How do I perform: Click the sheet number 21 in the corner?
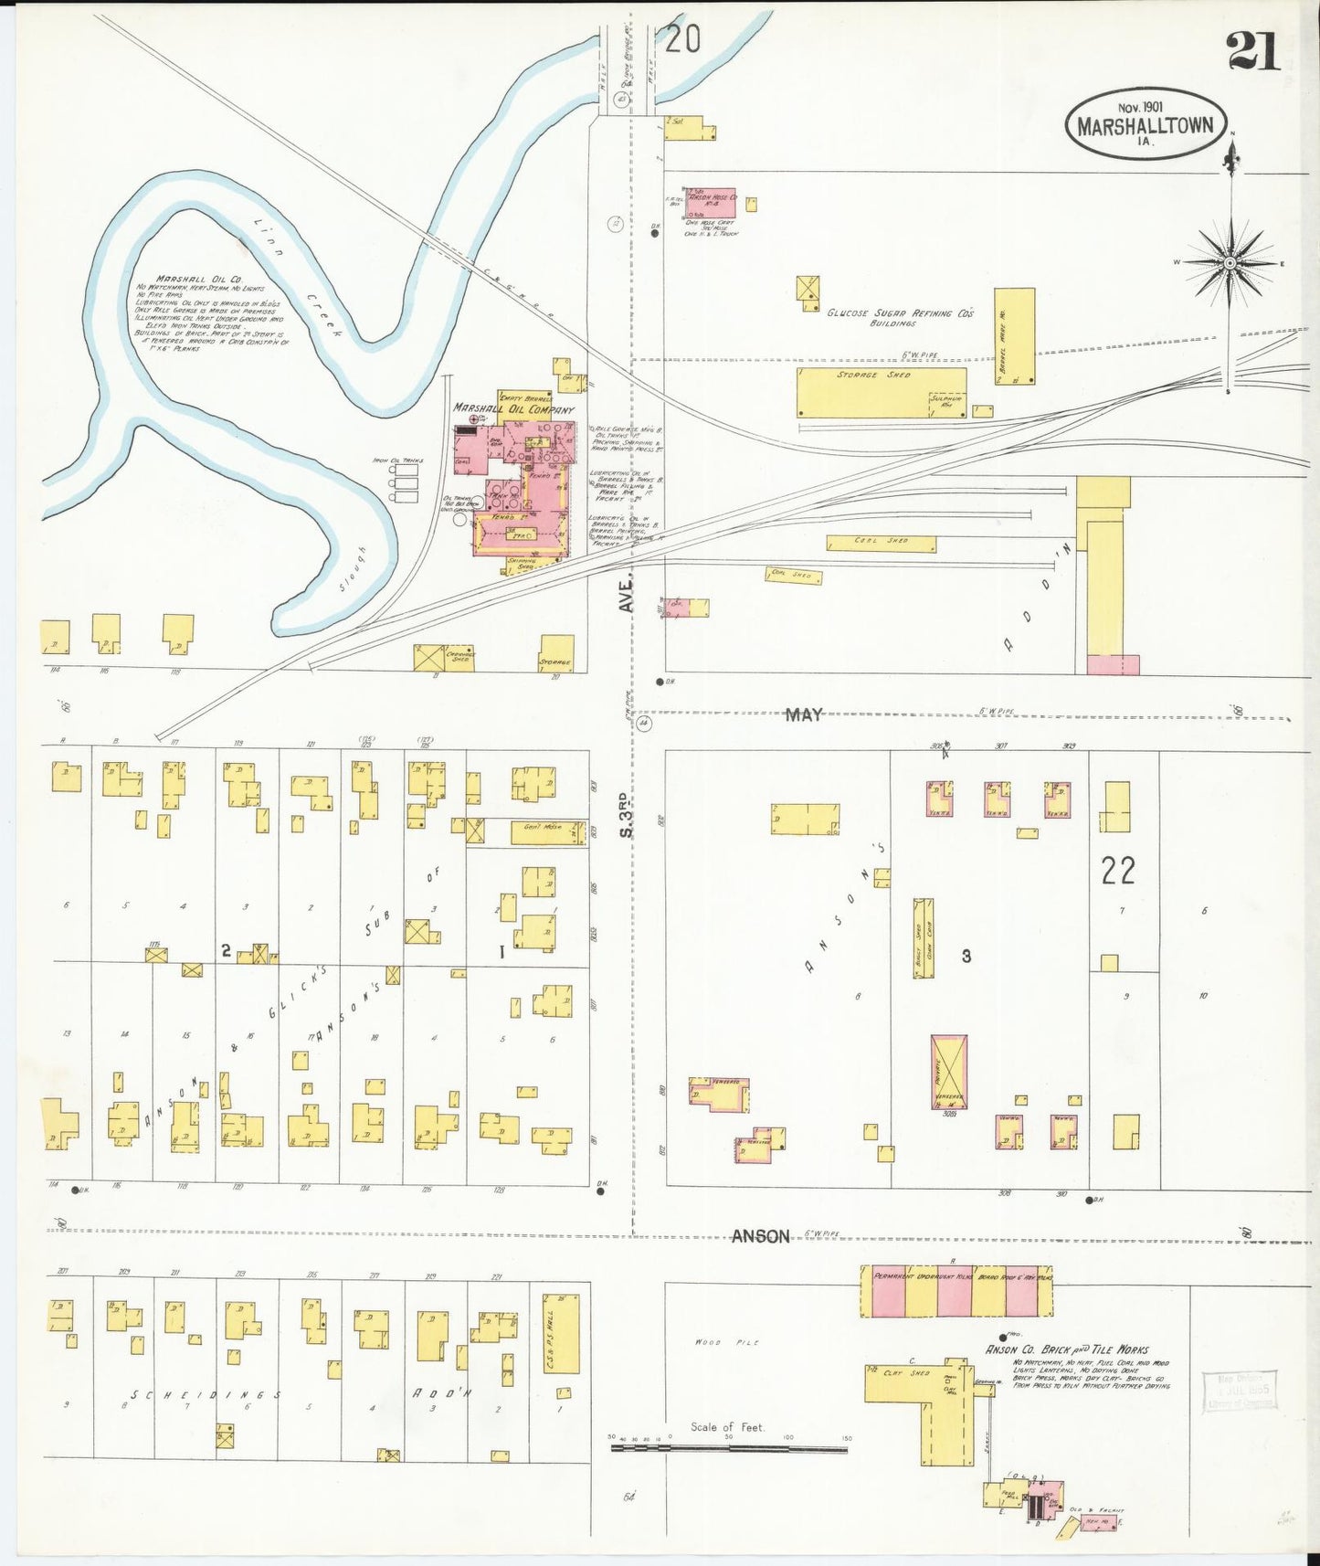1254,49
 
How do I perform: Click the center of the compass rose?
1230,263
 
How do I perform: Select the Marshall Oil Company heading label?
513,409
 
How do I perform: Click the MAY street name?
804,715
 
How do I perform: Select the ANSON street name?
760,1236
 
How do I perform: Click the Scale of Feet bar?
729,1447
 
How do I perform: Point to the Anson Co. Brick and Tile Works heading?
1066,1349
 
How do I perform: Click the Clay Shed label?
906,1373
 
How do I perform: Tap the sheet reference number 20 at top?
682,38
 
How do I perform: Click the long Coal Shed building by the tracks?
881,544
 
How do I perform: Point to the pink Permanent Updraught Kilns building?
956,1291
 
